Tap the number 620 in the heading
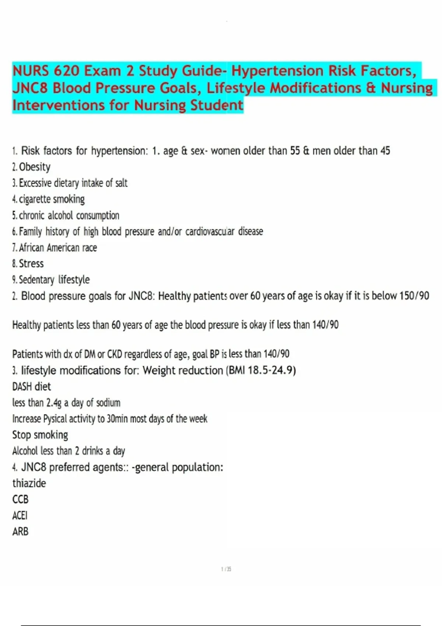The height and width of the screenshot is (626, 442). pos(66,71)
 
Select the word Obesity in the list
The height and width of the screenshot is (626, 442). pos(35,167)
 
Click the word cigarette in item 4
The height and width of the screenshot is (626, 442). pos(35,199)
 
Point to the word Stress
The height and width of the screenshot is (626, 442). pos(31,264)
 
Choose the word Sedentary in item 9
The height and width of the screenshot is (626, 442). pos(36,280)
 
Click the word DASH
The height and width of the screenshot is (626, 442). pos(22,387)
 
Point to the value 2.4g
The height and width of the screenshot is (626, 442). pos(54,403)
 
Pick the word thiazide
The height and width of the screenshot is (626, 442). pos(29,483)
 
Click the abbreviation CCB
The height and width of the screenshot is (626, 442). pos(20,499)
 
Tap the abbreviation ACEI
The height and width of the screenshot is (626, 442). pos(20,516)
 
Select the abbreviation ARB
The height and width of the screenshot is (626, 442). pos(20,532)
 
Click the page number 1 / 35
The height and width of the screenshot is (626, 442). pos(226,569)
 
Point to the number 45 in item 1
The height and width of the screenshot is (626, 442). pos(385,151)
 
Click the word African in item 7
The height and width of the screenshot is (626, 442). pos(31,248)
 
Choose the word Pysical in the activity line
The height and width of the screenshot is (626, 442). pos(55,419)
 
